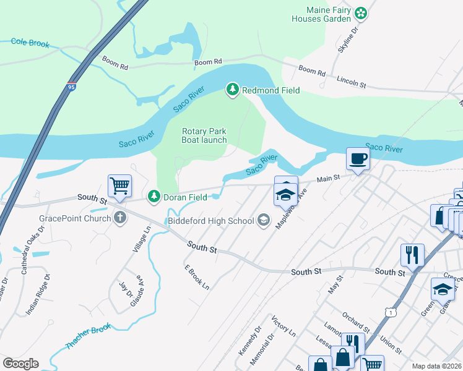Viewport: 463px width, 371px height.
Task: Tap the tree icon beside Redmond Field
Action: tap(233, 90)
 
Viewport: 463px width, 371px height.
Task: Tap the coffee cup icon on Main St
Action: tap(358, 158)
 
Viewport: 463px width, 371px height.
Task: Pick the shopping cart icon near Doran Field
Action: tap(119, 185)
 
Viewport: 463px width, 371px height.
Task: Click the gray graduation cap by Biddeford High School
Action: tap(264, 221)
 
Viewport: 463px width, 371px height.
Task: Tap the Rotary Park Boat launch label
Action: tap(204, 135)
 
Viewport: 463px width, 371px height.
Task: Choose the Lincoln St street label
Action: tap(352, 81)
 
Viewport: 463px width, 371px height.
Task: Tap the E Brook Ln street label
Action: tap(197, 278)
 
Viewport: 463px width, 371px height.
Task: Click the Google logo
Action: tap(20, 364)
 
